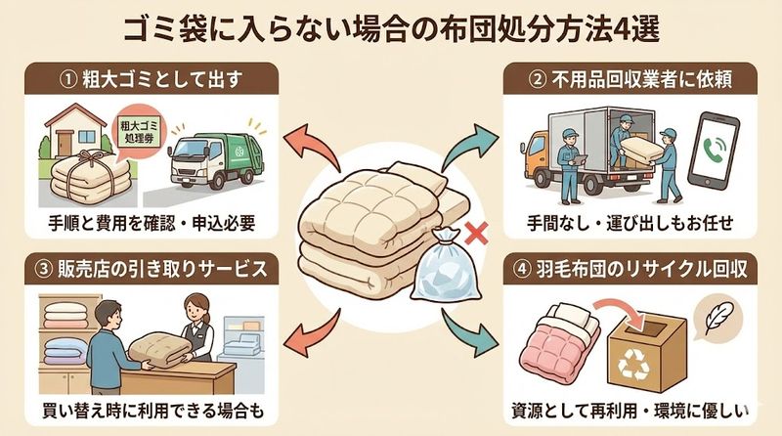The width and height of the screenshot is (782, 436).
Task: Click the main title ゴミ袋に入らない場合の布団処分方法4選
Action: click(391, 26)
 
